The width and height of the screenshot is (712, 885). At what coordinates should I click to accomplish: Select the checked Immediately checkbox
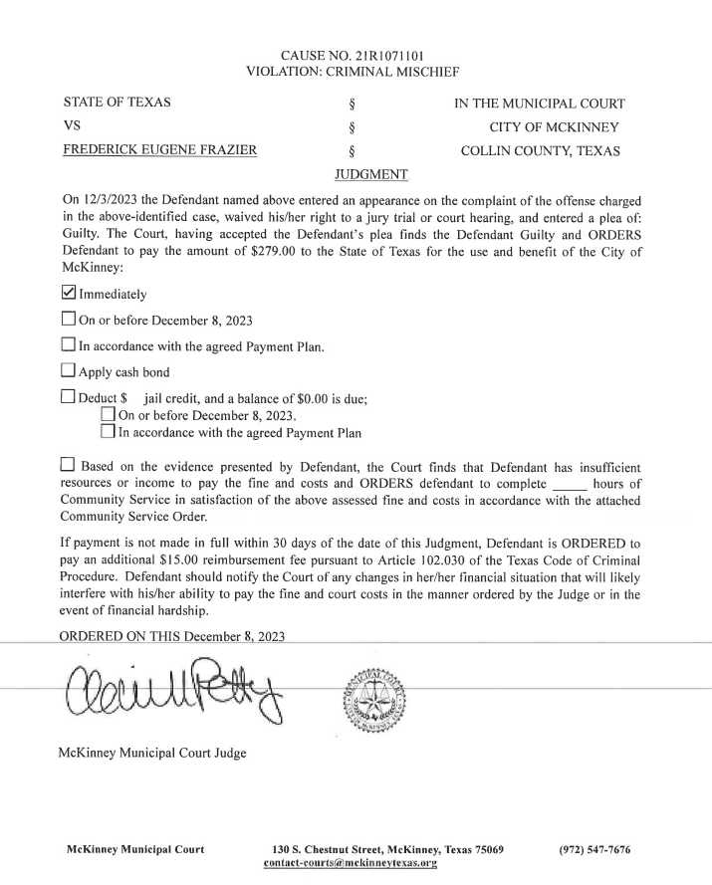click(69, 293)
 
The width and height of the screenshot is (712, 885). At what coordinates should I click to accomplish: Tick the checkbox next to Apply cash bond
click(69, 371)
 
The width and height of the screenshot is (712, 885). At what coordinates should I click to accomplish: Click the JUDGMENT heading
click(372, 175)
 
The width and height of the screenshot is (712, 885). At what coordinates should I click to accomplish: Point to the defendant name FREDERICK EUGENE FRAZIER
click(159, 151)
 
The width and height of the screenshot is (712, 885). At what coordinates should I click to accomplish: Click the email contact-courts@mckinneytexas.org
click(351, 863)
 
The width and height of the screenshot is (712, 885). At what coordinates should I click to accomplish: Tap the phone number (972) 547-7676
click(595, 849)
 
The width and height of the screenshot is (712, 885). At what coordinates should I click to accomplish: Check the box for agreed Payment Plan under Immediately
click(69, 345)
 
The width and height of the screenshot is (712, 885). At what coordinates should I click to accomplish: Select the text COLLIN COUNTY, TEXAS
click(541, 151)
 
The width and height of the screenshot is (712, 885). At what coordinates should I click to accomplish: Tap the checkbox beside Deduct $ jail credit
click(69, 397)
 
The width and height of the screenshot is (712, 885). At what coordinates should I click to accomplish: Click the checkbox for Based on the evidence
click(69, 465)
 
